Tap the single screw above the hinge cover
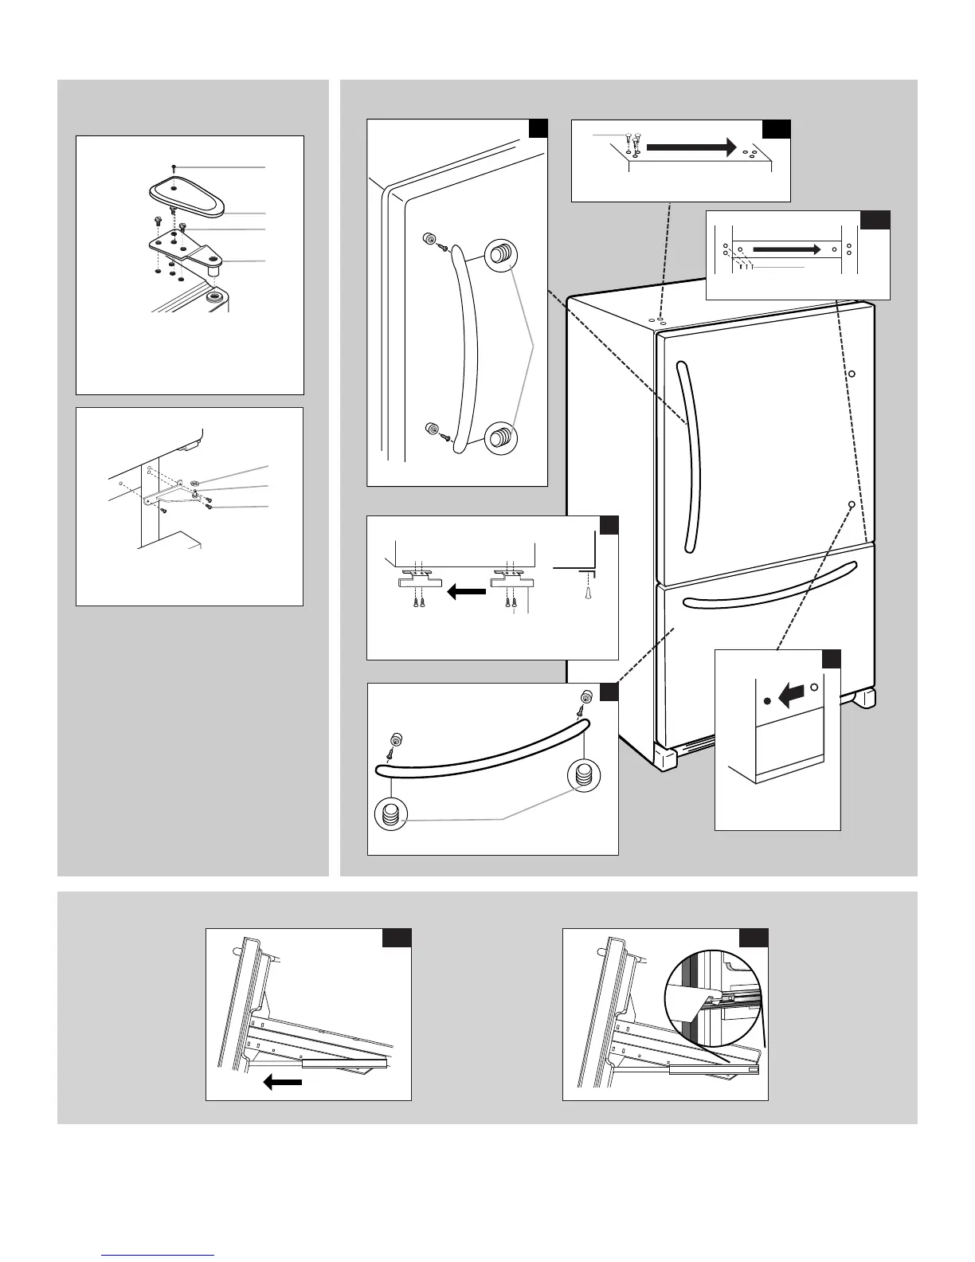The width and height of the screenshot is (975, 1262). coord(173,167)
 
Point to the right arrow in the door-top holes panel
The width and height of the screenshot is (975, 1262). coord(787,249)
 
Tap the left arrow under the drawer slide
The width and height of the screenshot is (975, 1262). coord(283,1081)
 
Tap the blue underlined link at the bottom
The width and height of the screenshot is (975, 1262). coord(159,1255)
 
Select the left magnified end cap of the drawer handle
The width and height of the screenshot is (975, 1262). coord(390,814)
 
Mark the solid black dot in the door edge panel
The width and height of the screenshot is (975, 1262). coord(767,700)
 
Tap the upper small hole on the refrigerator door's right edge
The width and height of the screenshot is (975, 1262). coord(851,373)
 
